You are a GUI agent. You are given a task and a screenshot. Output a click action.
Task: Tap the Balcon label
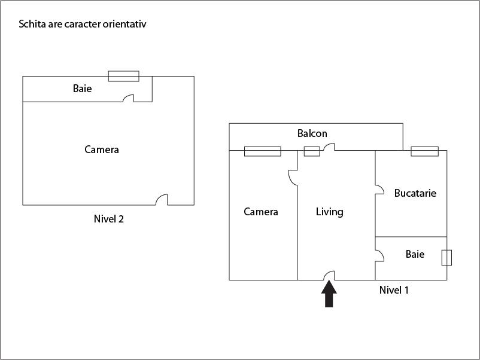pyautogui.click(x=312, y=133)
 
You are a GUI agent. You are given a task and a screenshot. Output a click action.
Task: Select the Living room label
pyautogui.click(x=330, y=212)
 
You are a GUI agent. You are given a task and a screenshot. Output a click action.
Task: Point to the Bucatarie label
pyautogui.click(x=415, y=193)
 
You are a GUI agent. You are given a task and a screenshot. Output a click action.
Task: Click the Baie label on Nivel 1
pyautogui.click(x=415, y=254)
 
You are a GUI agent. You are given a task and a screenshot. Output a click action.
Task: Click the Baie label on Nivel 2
pyautogui.click(x=83, y=89)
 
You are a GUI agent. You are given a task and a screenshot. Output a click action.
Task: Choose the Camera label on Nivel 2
pyautogui.click(x=102, y=150)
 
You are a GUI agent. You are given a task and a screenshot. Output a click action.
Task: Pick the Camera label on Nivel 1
pyautogui.click(x=261, y=212)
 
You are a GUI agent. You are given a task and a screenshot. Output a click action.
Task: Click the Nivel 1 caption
pyautogui.click(x=394, y=290)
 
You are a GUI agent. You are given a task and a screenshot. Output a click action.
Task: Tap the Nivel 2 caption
pyautogui.click(x=109, y=219)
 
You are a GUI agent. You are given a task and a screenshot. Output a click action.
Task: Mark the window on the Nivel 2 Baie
pyautogui.click(x=123, y=76)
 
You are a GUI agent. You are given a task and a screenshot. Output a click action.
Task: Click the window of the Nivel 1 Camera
pyautogui.click(x=262, y=151)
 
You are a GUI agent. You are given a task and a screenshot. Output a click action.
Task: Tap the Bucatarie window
pyautogui.click(x=424, y=151)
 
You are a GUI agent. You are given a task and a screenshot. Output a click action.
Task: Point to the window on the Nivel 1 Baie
pyautogui.click(x=446, y=258)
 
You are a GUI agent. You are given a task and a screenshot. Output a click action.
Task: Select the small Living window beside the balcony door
pyautogui.click(x=312, y=151)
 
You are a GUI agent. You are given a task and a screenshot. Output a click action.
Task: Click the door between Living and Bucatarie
pyautogui.click(x=379, y=190)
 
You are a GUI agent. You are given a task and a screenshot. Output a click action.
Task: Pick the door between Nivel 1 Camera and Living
pyautogui.click(x=293, y=178)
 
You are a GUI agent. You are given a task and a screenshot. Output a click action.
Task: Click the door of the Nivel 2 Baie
pyautogui.click(x=128, y=98)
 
